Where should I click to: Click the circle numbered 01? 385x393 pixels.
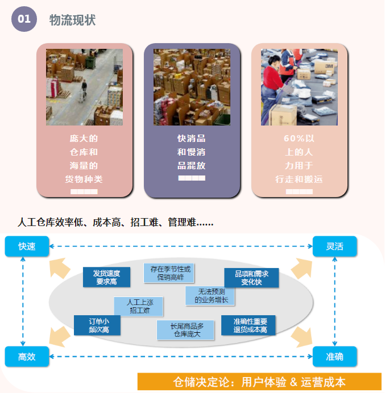pos(24,19)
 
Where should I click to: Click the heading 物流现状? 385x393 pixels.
pos(72,20)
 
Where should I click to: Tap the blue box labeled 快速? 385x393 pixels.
pos(27,246)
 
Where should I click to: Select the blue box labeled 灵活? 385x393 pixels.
pos(334,246)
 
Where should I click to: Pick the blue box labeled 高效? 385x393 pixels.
pos(27,357)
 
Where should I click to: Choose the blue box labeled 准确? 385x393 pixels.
pos(334,357)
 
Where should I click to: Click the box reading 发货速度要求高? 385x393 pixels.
pos(106,277)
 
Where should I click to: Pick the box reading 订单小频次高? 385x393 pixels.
pos(97,325)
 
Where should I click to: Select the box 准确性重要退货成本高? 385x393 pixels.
pos(248,325)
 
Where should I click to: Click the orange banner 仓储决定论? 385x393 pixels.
pos(259,382)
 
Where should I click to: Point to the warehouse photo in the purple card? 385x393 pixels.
pos(192,87)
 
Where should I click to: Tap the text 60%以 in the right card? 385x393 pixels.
pos(299,139)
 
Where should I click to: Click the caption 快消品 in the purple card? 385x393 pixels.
pos(192,139)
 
